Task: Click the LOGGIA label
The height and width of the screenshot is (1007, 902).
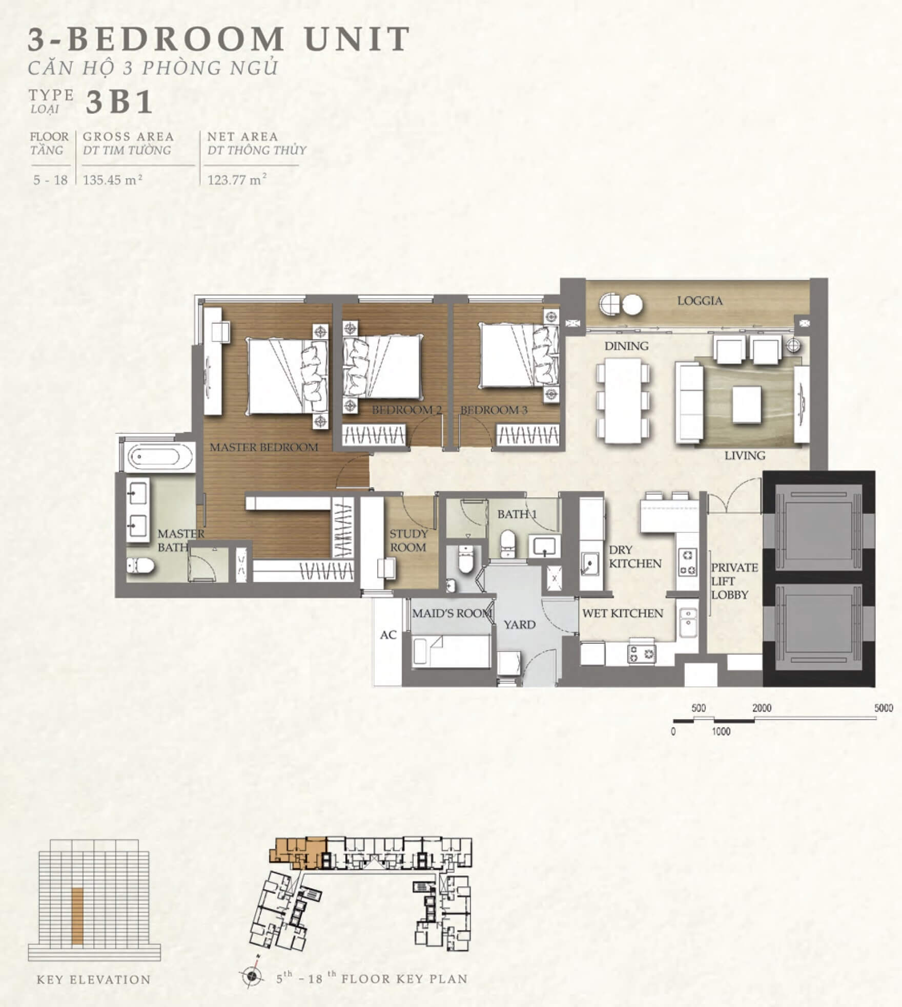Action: pyautogui.click(x=700, y=301)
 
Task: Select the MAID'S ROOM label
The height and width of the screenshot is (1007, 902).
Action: pyautogui.click(x=452, y=613)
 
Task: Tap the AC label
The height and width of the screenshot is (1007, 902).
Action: pyautogui.click(x=388, y=635)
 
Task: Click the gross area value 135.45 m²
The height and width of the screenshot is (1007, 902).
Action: pyautogui.click(x=113, y=180)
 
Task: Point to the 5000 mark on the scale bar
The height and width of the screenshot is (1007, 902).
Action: pyautogui.click(x=884, y=708)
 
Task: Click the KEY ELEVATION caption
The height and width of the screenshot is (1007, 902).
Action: pyautogui.click(x=94, y=980)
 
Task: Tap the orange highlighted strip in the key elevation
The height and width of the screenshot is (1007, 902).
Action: pyautogui.click(x=77, y=916)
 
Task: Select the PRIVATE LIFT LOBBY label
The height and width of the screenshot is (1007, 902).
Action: pyautogui.click(x=734, y=581)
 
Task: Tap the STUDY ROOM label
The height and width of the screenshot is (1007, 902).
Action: pyautogui.click(x=408, y=541)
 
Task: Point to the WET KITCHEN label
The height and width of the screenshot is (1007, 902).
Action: pyautogui.click(x=623, y=613)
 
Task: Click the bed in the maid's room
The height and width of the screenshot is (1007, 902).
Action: pyautogui.click(x=451, y=651)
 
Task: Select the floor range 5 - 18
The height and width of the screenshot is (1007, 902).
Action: pyautogui.click(x=50, y=180)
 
